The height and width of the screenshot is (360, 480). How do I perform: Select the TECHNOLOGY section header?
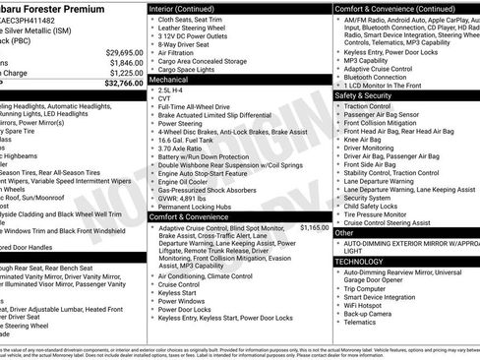click(361, 262)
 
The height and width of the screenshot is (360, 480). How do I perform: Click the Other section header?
click(345, 233)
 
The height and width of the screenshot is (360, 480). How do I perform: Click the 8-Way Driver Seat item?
click(187, 44)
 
